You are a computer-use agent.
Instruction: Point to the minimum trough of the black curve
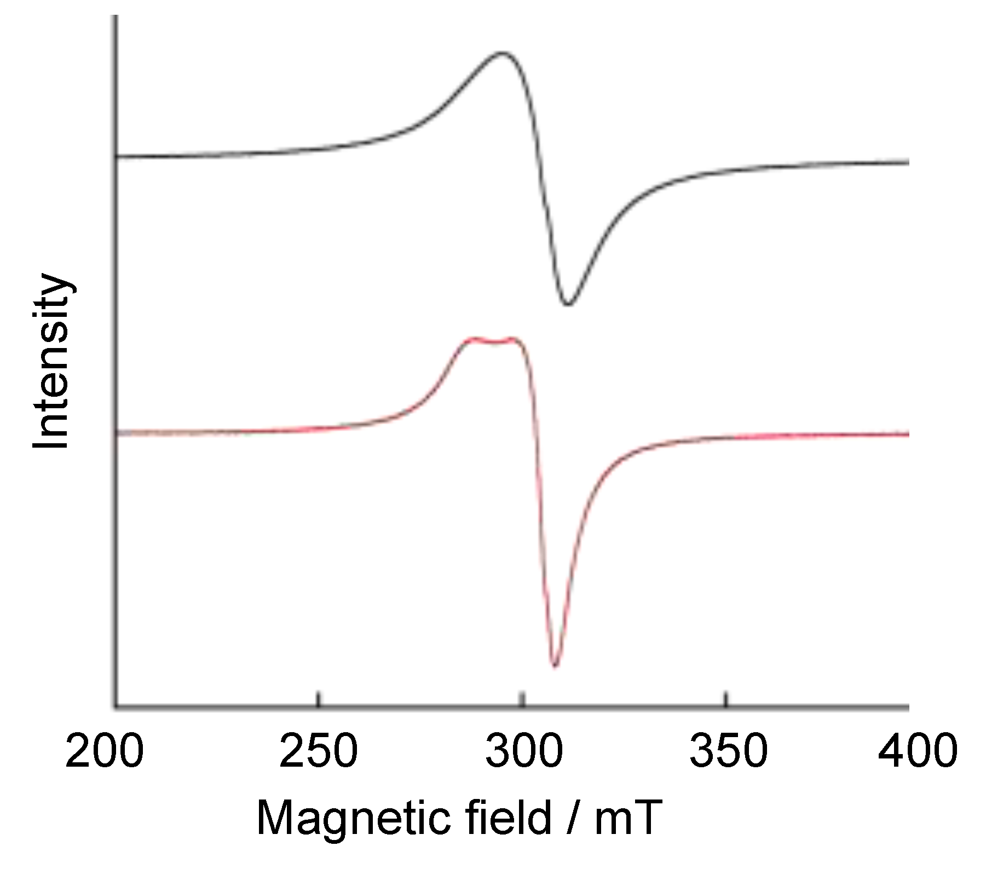[569, 304]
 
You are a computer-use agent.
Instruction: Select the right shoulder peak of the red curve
[513, 339]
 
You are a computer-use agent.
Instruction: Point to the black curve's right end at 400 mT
[908, 163]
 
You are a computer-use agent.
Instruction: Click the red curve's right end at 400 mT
[908, 434]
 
